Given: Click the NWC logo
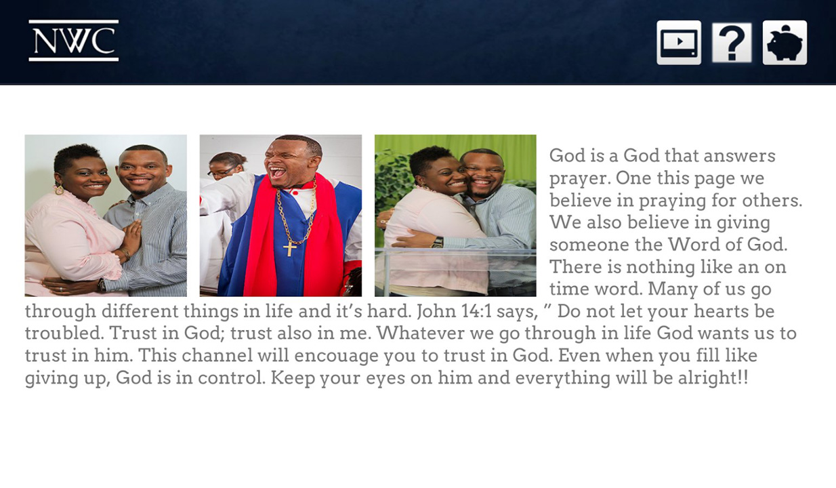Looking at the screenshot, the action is [x=74, y=40].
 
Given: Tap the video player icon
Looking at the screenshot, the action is [x=679, y=43].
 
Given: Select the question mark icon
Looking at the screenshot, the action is [x=732, y=43].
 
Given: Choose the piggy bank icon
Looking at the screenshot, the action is [x=785, y=43].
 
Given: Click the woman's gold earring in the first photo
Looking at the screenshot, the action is [x=59, y=189].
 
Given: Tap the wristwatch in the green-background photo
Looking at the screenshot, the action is [x=437, y=242].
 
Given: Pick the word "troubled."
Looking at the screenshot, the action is [x=64, y=333].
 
